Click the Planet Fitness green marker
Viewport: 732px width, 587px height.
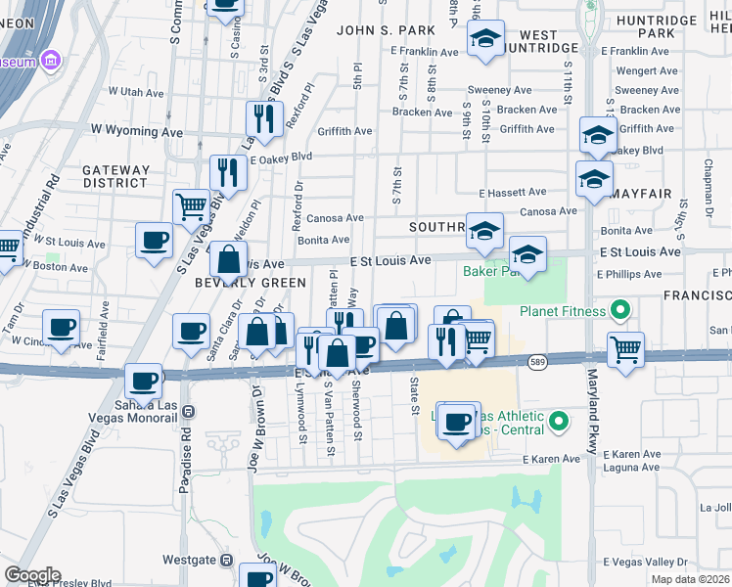tap(618, 312)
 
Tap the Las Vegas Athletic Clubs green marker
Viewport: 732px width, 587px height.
tap(559, 423)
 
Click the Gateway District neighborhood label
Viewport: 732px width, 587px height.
tap(115, 176)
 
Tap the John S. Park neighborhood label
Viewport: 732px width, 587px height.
tap(377, 30)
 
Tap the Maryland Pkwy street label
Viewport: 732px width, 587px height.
tap(592, 411)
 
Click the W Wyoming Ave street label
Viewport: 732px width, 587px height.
tap(137, 129)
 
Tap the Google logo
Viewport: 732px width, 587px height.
tap(32, 575)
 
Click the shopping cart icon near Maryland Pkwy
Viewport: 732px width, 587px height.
tap(625, 348)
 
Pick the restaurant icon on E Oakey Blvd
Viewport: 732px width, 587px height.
tap(228, 173)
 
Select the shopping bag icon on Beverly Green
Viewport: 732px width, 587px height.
tap(228, 260)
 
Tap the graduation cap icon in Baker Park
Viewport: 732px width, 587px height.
tap(527, 255)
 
